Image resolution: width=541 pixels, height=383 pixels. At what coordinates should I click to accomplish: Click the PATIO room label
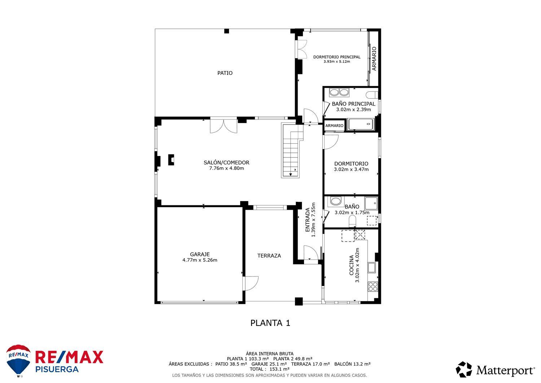pyautogui.click(x=225, y=73)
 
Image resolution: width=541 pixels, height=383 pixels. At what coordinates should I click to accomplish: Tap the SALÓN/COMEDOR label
pyautogui.click(x=226, y=162)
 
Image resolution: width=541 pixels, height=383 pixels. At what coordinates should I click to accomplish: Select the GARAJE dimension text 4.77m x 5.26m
pyautogui.click(x=200, y=260)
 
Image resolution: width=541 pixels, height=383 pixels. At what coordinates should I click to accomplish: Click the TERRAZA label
pyautogui.click(x=269, y=256)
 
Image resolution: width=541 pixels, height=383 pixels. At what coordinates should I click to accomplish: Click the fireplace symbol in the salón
pyautogui.click(x=171, y=160)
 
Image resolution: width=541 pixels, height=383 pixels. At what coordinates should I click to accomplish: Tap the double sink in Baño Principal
pyautogui.click(x=339, y=92)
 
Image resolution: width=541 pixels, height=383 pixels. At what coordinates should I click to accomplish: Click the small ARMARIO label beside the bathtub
pyautogui.click(x=334, y=126)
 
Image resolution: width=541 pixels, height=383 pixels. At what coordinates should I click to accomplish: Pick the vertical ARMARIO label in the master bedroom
pyautogui.click(x=374, y=58)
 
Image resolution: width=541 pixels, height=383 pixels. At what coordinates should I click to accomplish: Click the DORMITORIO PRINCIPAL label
pyautogui.click(x=337, y=57)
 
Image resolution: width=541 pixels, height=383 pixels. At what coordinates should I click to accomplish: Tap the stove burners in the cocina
pyautogui.click(x=373, y=287)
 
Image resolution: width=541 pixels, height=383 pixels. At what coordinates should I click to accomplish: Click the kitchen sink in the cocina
pyautogui.click(x=371, y=267)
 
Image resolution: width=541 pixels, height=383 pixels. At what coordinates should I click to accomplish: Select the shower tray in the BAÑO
pyautogui.click(x=371, y=203)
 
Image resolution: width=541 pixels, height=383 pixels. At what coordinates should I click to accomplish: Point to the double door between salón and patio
pyautogui.click(x=224, y=126)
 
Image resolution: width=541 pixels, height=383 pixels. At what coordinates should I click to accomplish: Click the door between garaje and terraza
pyautogui.click(x=251, y=283)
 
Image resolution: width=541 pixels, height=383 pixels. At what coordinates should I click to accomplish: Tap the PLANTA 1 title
pyautogui.click(x=270, y=323)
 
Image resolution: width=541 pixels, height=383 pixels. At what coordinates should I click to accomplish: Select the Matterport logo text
pyautogui.click(x=505, y=370)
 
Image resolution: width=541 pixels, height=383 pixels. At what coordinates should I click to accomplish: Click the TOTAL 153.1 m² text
pyautogui.click(x=269, y=369)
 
